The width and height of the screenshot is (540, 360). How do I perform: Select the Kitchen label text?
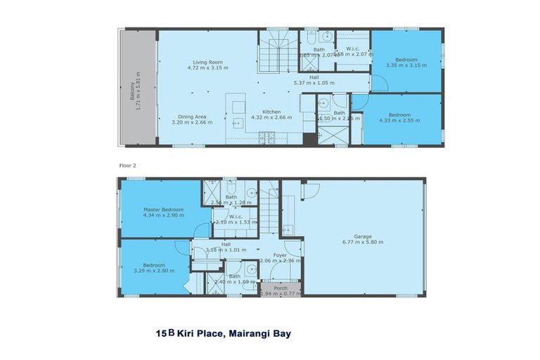click(x=272, y=112)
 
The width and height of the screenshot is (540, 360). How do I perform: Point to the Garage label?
click(x=362, y=237)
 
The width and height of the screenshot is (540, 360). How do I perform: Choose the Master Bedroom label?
click(x=163, y=210)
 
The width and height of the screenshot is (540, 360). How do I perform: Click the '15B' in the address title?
click(x=164, y=334)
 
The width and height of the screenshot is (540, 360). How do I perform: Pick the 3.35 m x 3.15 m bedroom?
click(x=406, y=60)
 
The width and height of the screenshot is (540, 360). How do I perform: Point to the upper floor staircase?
click(x=275, y=50)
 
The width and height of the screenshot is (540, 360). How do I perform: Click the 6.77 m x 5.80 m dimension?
click(x=362, y=243)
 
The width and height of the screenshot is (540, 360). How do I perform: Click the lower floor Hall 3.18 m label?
click(x=226, y=246)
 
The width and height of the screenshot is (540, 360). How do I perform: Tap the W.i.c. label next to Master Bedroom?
click(x=235, y=217)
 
